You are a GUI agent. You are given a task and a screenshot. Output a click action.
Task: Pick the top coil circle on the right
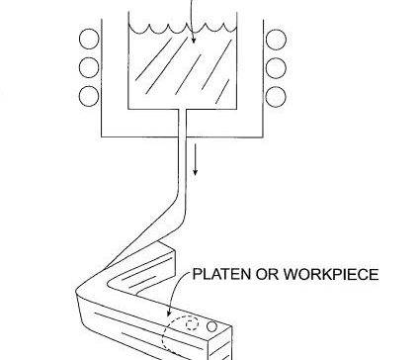[276, 43]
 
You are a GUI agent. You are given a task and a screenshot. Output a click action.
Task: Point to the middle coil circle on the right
[276, 69]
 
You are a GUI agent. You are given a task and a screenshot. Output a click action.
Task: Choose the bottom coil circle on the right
[276, 96]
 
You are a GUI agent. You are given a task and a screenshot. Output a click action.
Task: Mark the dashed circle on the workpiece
[177, 333]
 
